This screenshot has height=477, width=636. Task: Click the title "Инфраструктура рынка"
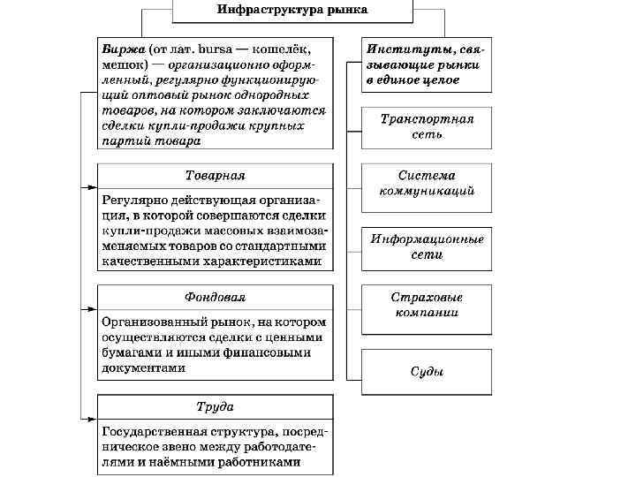click(292, 10)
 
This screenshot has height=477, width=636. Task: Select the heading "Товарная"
click(216, 175)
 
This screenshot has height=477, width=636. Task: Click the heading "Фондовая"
click(216, 297)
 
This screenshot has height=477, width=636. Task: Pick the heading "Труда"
click(216, 407)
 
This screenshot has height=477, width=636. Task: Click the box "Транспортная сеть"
click(427, 126)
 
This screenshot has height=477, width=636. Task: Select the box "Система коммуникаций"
click(427, 183)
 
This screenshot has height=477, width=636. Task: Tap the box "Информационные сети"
click(427, 246)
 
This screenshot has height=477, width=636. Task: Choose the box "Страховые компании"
click(427, 305)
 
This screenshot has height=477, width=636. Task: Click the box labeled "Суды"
click(427, 371)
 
